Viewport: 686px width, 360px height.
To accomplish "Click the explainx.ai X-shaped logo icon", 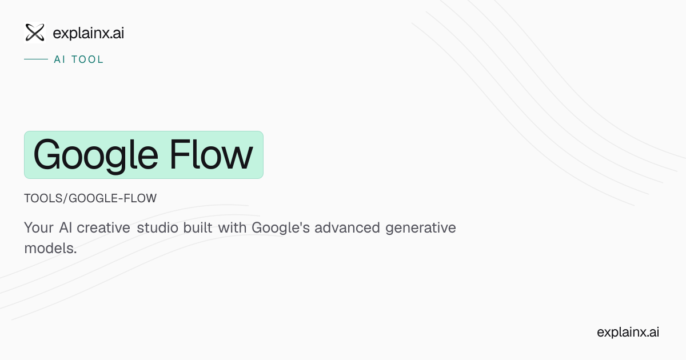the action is pyautogui.click(x=35, y=33).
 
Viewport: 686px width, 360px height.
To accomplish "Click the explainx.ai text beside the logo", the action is pyautogui.click(x=88, y=33).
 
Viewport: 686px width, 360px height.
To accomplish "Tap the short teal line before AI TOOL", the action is pyautogui.click(x=36, y=59).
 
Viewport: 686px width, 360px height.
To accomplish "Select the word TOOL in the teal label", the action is pyautogui.click(x=87, y=59).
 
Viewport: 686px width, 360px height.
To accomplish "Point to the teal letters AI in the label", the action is pyautogui.click(x=59, y=59).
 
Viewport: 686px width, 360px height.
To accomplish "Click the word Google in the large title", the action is pyautogui.click(x=96, y=156).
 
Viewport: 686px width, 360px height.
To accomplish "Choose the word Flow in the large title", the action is pyautogui.click(x=211, y=155).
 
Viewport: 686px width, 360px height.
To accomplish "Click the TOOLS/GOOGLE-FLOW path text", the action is pyautogui.click(x=90, y=198).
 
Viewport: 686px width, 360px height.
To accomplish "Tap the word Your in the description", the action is pyautogui.click(x=39, y=228).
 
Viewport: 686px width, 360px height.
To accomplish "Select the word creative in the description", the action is pyautogui.click(x=103, y=228).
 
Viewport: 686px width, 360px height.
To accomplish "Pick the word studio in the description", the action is pyautogui.click(x=157, y=228).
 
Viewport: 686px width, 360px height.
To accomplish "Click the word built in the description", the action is pyautogui.click(x=198, y=227).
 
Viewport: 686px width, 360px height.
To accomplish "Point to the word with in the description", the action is pyautogui.click(x=232, y=227).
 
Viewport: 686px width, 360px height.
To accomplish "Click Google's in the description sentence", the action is pyautogui.click(x=281, y=229).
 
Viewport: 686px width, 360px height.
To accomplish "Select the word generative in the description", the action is pyautogui.click(x=421, y=229).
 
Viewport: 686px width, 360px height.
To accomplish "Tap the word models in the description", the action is pyautogui.click(x=49, y=248).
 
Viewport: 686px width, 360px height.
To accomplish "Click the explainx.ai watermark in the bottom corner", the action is pyautogui.click(x=628, y=332).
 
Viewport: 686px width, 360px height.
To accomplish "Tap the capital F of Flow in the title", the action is pyautogui.click(x=179, y=155).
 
